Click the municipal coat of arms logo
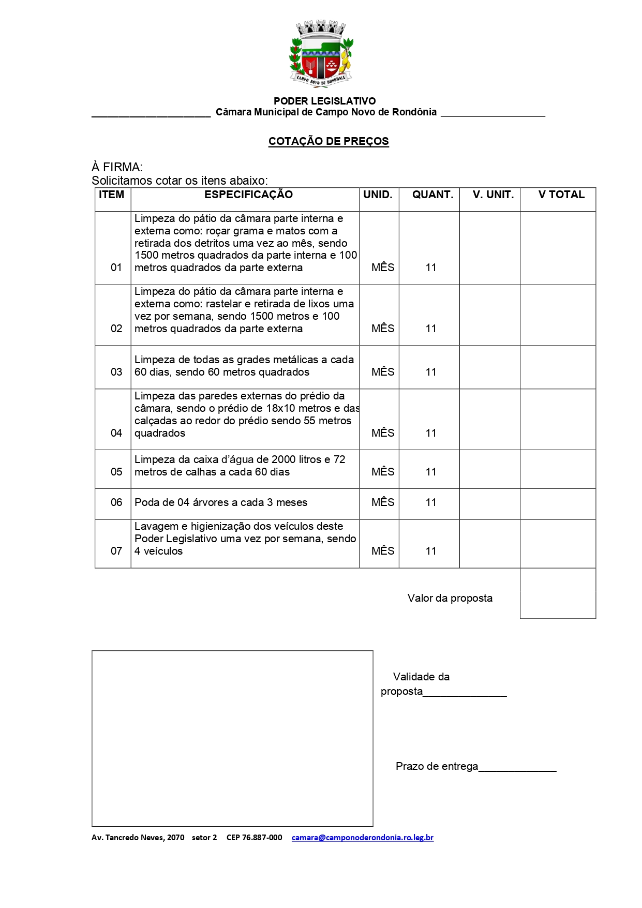321,53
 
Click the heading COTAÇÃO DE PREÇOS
329,141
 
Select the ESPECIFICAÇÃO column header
248,195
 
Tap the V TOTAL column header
561,195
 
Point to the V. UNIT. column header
493,195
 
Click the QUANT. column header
432,195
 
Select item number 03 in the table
116,372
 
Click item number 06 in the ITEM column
116,502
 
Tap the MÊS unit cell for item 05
383,472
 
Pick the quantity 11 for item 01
431,267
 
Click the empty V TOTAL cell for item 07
558,544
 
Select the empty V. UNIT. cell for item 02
489,315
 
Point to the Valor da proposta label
450,598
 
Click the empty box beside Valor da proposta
558,593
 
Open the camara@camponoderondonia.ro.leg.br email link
362,837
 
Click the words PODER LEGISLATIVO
324,101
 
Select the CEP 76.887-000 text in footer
254,837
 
